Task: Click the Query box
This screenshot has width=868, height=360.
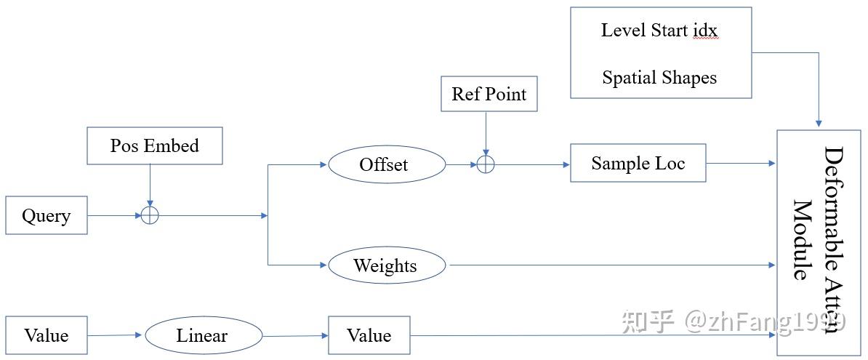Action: [47, 215]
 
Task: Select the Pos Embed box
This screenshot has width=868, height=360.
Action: [154, 145]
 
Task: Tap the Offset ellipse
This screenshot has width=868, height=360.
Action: [386, 164]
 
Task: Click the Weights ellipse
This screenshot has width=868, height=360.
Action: [386, 265]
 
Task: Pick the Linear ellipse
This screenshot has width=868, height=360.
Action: [203, 335]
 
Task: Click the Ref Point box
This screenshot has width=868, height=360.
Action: [489, 94]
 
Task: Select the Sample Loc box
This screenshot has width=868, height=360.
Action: [638, 163]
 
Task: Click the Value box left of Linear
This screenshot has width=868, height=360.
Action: [47, 335]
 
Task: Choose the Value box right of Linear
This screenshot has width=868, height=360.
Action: [369, 335]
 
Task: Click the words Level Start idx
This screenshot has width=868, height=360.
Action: [659, 31]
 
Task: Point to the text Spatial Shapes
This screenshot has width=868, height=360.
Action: [659, 78]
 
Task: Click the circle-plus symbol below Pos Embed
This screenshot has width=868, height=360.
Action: [149, 215]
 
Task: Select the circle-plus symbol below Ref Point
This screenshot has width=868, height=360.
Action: [485, 164]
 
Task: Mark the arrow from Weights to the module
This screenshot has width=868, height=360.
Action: [611, 265]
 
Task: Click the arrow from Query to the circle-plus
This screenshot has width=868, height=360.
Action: [113, 215]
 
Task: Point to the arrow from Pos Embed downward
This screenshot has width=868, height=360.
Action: [149, 185]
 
